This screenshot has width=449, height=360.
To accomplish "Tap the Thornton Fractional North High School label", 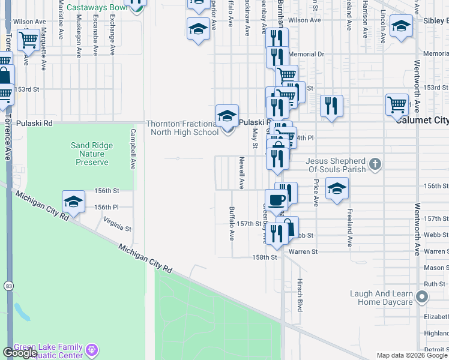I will (182, 128).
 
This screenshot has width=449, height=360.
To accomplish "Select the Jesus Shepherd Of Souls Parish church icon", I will (375, 164).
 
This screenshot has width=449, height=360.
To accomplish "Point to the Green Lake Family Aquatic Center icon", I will (91, 349).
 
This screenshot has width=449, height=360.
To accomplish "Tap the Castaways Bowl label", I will (97, 7).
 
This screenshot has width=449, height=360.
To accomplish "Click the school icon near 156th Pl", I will (73, 202).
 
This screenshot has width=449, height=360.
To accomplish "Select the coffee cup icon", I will (276, 200).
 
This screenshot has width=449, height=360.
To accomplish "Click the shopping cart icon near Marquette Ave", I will (28, 41).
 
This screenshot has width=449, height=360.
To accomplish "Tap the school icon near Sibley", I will (401, 26).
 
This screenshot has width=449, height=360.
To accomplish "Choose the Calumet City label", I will (423, 120).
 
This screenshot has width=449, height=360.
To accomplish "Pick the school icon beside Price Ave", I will (337, 188).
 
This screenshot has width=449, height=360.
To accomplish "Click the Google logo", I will (20, 353).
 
